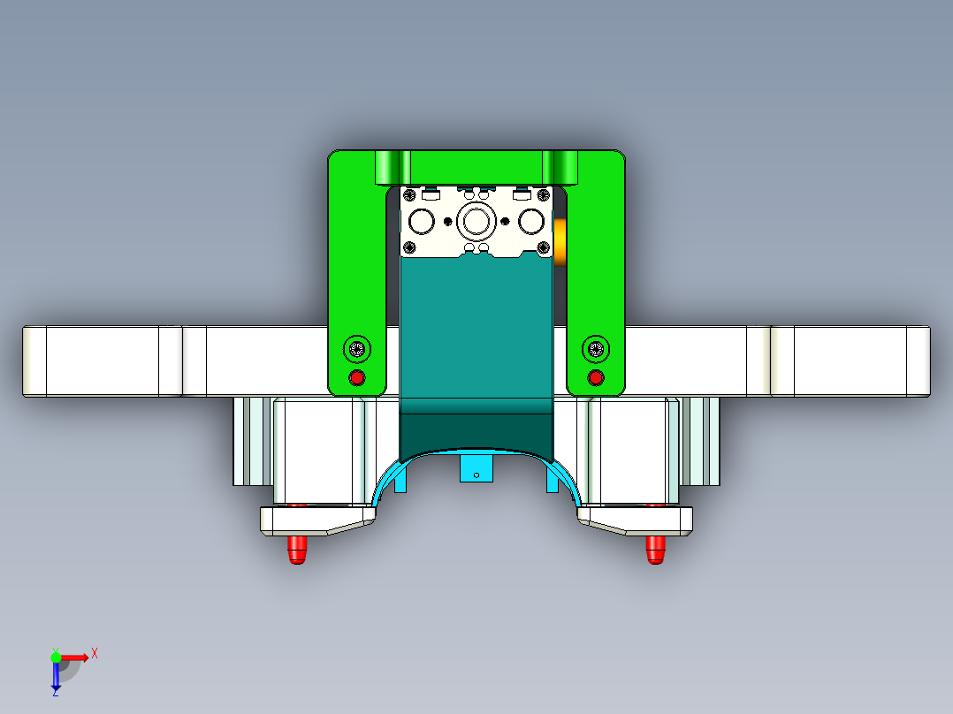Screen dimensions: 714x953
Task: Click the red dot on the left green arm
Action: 357,378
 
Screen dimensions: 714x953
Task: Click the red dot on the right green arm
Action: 595,378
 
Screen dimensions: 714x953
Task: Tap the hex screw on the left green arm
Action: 357,349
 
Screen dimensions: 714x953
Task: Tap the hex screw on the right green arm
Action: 595,349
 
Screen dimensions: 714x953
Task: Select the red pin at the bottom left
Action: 297,549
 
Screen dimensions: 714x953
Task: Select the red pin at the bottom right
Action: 655,549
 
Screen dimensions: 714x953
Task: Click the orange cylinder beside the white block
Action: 560,241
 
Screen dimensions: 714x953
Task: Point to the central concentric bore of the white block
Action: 477,219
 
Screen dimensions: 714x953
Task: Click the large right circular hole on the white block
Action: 532,219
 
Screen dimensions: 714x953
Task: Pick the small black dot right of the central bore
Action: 505,220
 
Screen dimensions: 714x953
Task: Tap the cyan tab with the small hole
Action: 476,468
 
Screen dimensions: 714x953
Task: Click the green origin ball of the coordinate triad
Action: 56,657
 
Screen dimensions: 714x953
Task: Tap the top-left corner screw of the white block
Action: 410,194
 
